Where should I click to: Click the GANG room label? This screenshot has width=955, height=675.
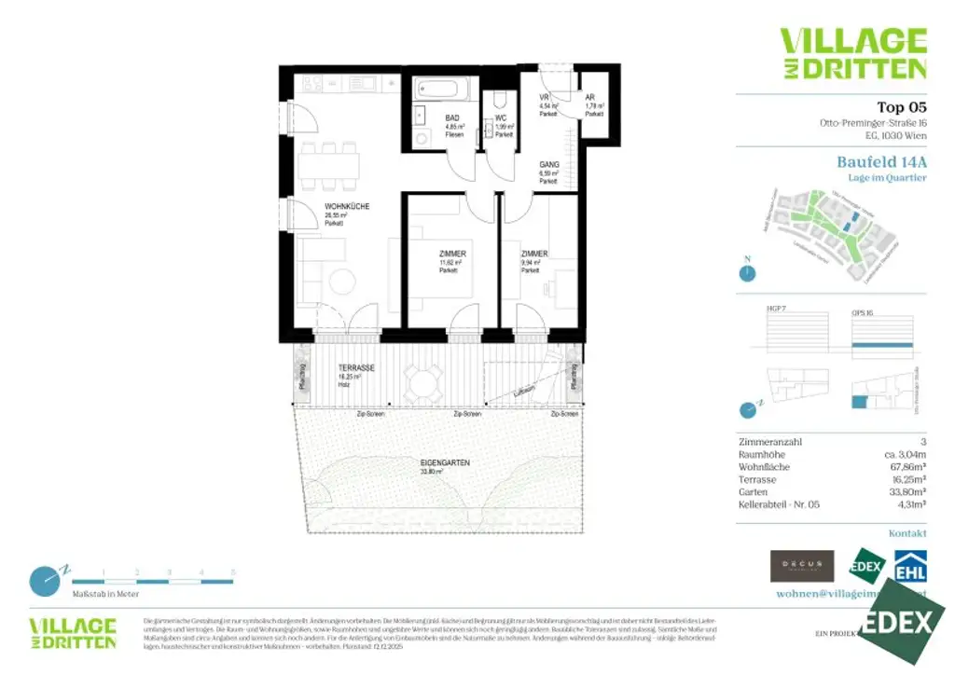[548, 165]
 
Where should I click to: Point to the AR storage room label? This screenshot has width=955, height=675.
[590, 97]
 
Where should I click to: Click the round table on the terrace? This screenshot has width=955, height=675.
[424, 381]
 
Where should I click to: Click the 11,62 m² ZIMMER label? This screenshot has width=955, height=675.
[452, 254]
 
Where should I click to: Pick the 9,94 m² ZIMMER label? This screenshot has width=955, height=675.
[534, 254]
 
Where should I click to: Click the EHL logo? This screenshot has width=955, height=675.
[910, 566]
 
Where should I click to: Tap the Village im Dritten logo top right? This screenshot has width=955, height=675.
[852, 53]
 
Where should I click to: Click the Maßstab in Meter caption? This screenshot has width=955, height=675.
[105, 594]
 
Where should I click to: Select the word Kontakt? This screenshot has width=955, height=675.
[907, 533]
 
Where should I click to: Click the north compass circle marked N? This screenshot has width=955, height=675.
[746, 273]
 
